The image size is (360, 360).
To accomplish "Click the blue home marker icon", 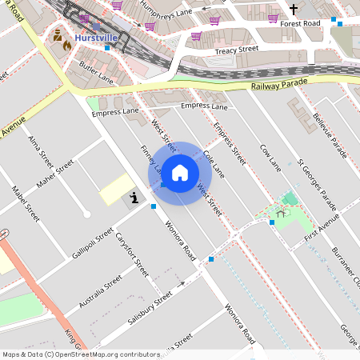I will pyautogui.click(x=180, y=173).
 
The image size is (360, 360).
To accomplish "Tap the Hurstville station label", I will pyautogui.click(x=95, y=37).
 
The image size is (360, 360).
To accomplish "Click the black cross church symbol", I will pyautogui.click(x=294, y=10).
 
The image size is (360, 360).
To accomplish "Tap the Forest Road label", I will pyautogui.click(x=301, y=24).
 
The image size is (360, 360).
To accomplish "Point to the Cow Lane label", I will pyautogui.click(x=270, y=157).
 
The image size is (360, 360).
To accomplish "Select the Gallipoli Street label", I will pyautogui.click(x=92, y=245).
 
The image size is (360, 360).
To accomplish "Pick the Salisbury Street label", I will pyautogui.click(x=150, y=308).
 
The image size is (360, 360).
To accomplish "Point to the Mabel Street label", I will pyautogui.click(x=26, y=203).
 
